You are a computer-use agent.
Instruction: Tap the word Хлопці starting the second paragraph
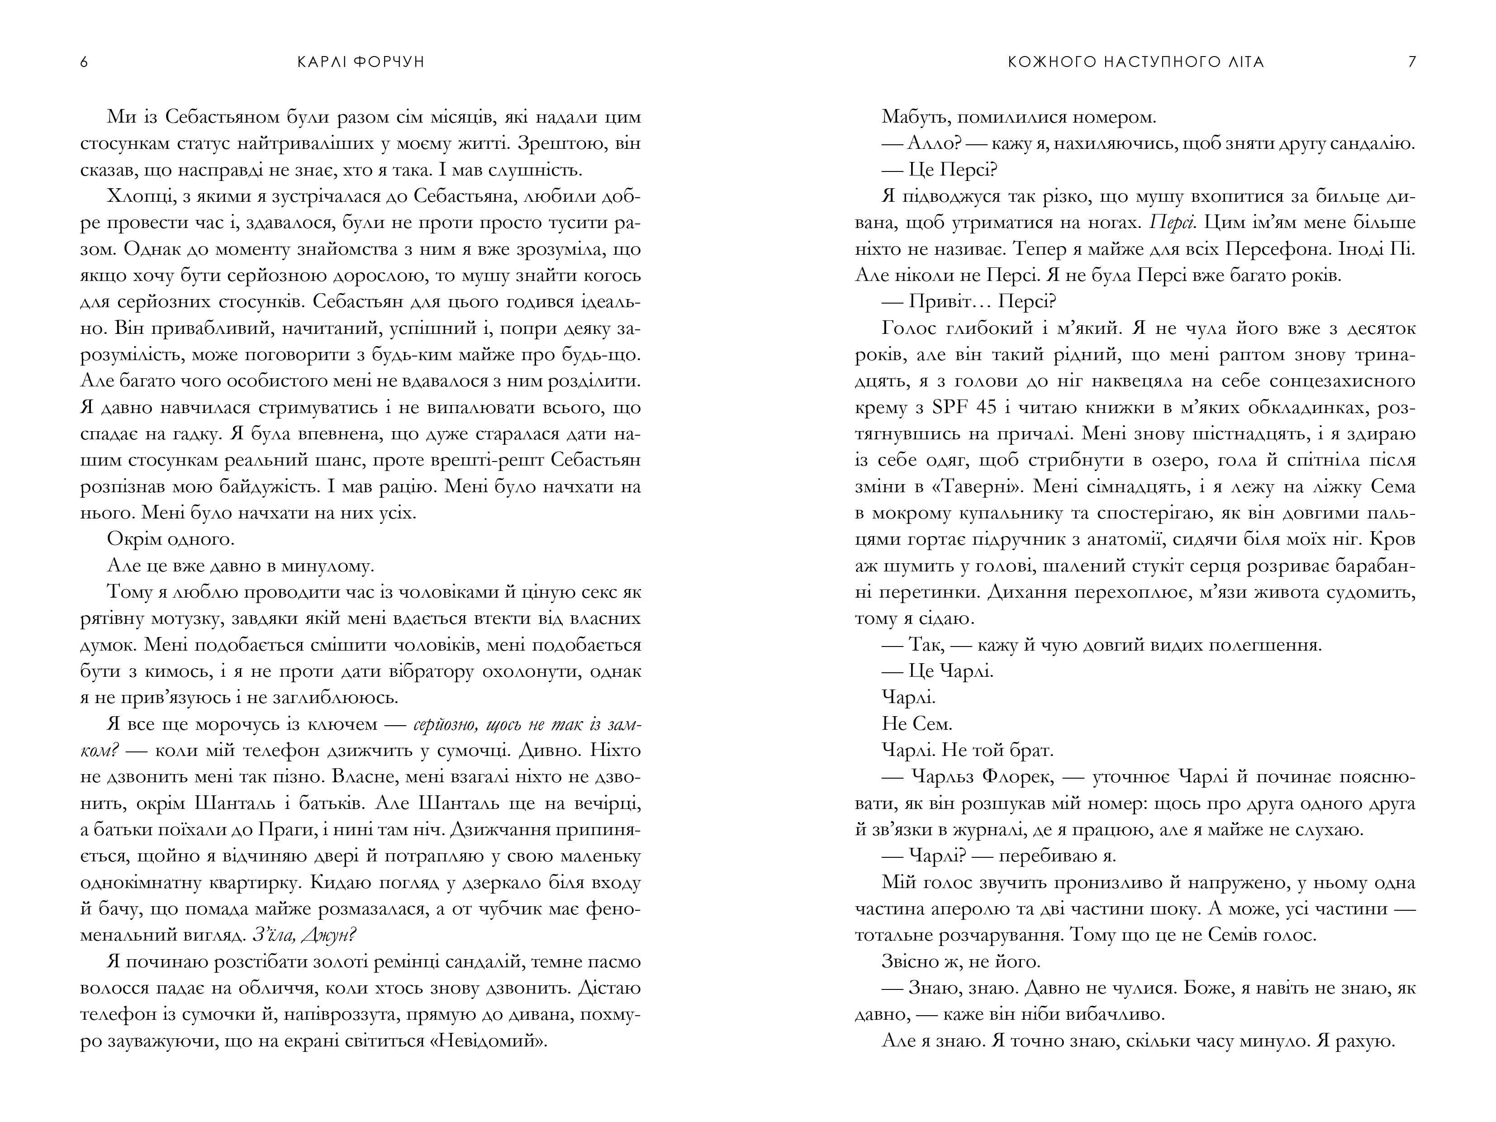click(x=134, y=197)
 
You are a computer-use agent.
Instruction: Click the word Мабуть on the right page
click(x=914, y=118)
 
